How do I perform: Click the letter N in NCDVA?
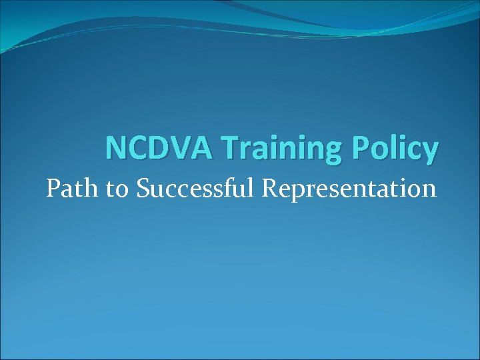pos(115,149)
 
